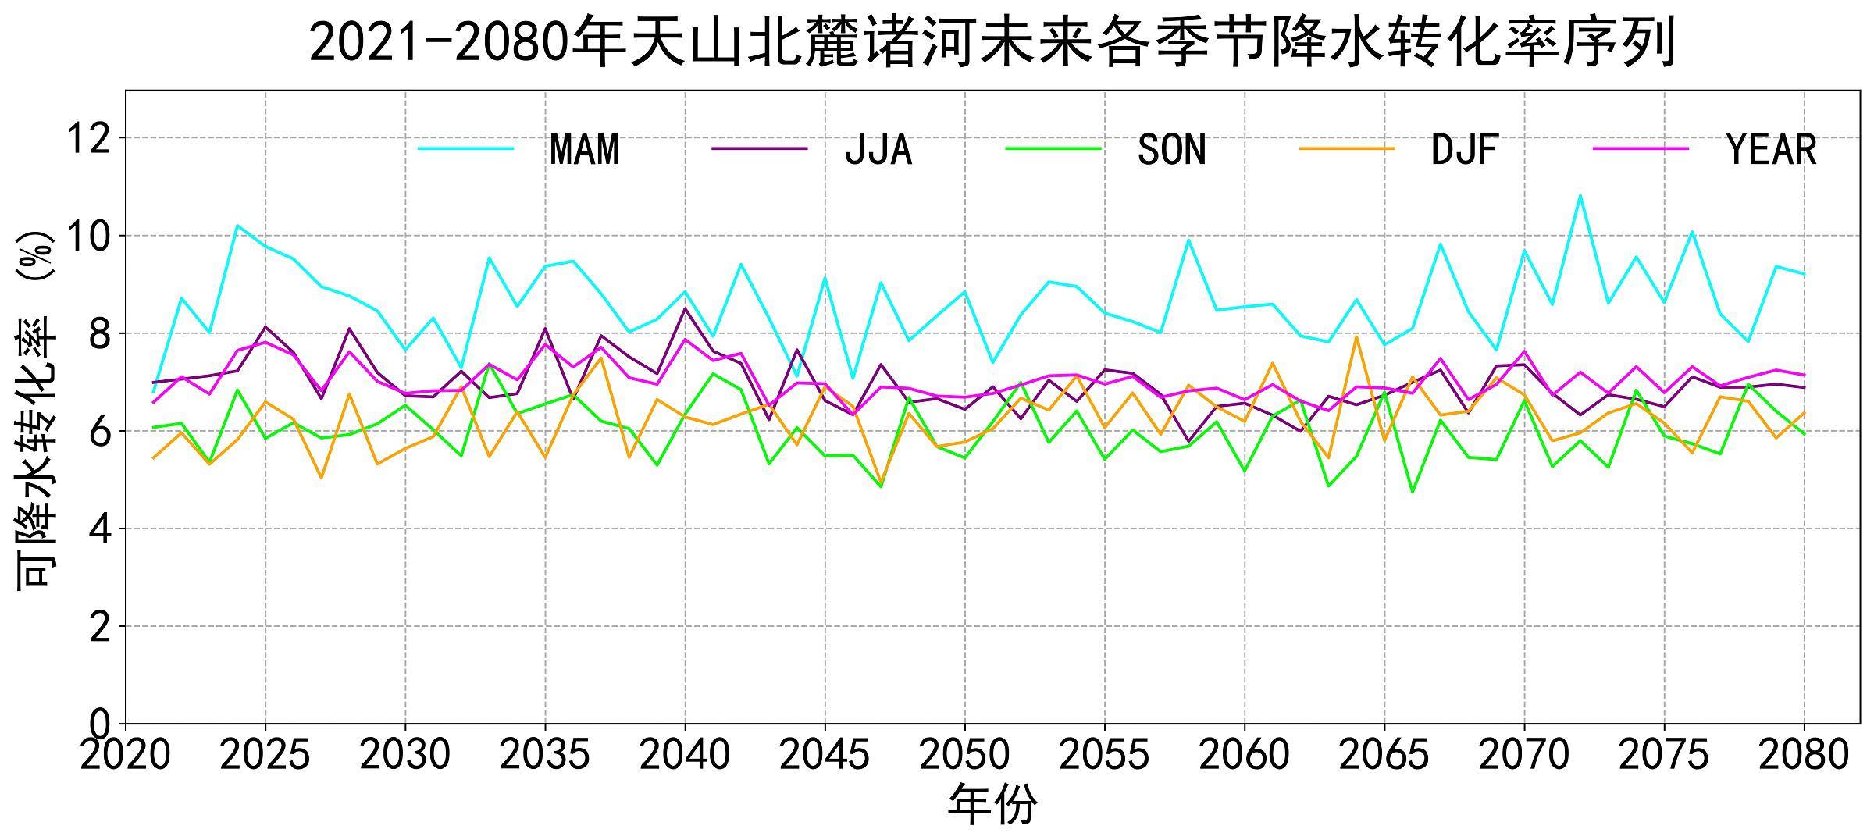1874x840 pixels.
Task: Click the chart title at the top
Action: point(992,42)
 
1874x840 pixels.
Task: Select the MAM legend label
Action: point(584,149)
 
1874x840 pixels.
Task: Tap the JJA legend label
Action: point(878,149)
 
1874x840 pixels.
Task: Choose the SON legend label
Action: point(1172,149)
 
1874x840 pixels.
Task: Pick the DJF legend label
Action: point(1465,149)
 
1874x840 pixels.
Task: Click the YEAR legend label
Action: point(1772,149)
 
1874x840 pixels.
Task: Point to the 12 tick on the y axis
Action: point(91,139)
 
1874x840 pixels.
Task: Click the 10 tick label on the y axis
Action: point(91,237)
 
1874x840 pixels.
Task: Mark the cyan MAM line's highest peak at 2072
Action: point(1580,195)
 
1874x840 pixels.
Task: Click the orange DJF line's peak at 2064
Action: point(1357,336)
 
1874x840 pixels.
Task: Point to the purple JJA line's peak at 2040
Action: point(685,308)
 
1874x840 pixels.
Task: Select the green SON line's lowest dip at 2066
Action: point(1413,492)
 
